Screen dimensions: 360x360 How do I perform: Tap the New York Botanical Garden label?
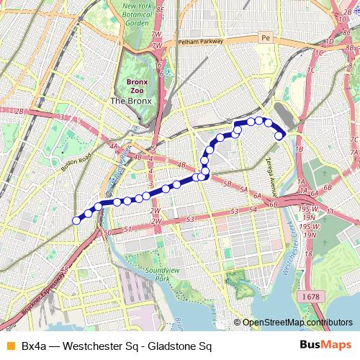[x=137, y=14]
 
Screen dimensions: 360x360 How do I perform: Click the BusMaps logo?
[x=321, y=346]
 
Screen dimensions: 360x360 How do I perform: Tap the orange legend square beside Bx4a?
[x=9, y=346]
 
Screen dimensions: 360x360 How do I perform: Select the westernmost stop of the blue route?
[x=77, y=220]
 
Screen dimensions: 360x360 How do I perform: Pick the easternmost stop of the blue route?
[x=280, y=135]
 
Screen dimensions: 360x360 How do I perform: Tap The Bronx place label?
[x=130, y=102]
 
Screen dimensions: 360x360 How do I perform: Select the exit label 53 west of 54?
[x=191, y=218]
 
